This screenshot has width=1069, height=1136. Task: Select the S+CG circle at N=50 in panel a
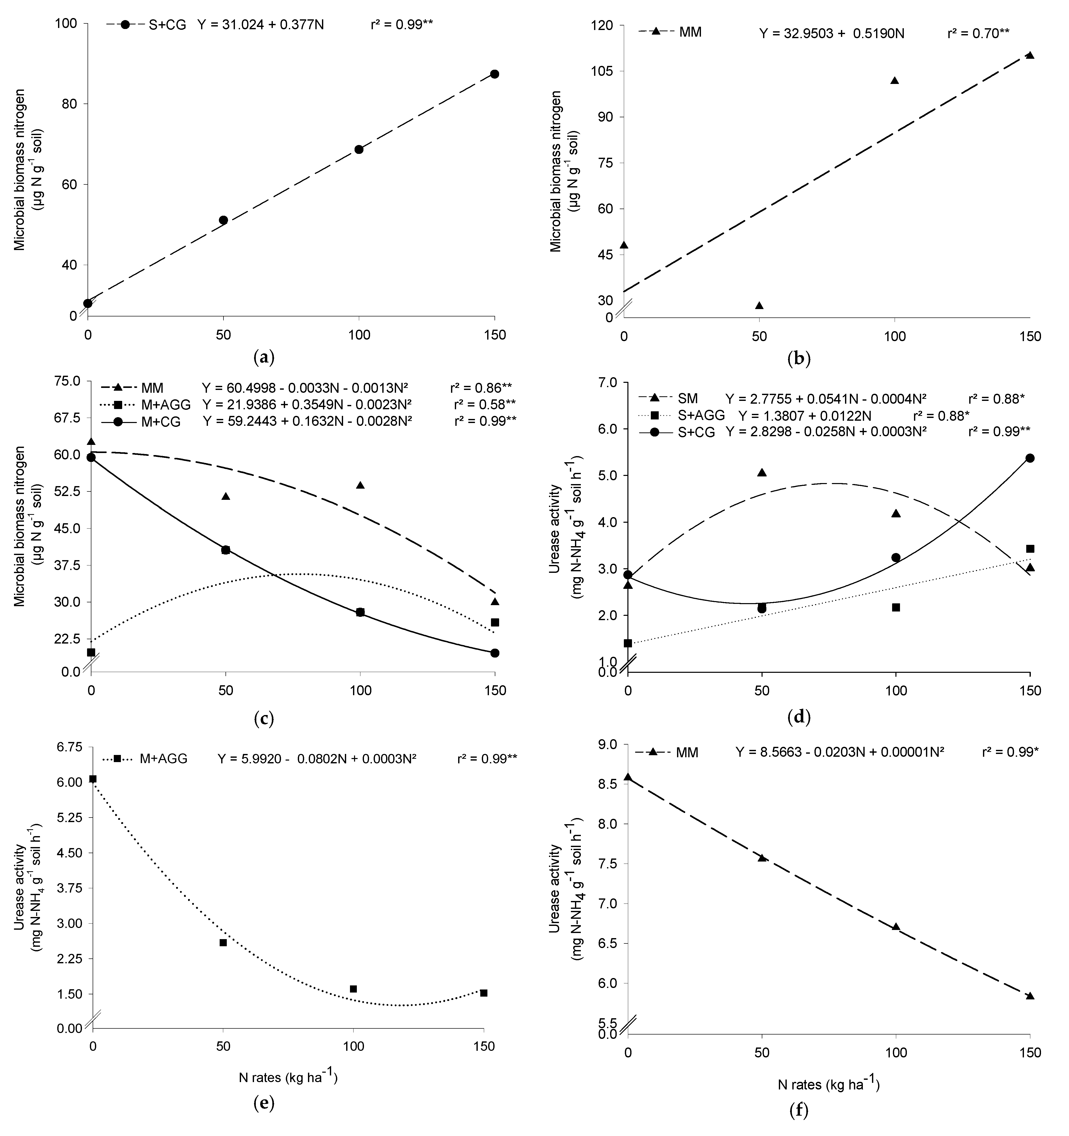pyautogui.click(x=223, y=220)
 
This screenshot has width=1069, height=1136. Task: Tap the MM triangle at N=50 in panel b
pyautogui.click(x=759, y=306)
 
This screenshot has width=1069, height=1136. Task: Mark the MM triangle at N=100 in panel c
pyautogui.click(x=360, y=485)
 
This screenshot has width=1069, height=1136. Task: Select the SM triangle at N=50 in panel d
pyautogui.click(x=762, y=473)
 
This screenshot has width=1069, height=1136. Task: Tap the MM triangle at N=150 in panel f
pyautogui.click(x=1030, y=996)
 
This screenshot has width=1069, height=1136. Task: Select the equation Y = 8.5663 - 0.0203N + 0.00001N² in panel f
pyautogui.click(x=839, y=753)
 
